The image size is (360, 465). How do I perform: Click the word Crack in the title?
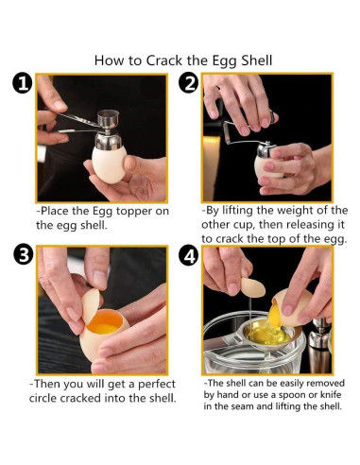(x=164, y=60)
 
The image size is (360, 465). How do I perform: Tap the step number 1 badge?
(x=23, y=84)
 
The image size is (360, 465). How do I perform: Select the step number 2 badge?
(x=189, y=84)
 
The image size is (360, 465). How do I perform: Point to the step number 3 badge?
(x=24, y=255)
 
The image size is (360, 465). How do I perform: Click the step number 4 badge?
(x=189, y=256)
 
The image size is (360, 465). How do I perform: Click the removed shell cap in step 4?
(x=253, y=287)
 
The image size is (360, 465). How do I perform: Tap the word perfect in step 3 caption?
(x=157, y=385)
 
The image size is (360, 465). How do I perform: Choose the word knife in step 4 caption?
(x=331, y=394)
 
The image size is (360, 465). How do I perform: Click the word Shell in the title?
(x=257, y=60)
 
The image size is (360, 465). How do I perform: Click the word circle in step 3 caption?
(x=43, y=398)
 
